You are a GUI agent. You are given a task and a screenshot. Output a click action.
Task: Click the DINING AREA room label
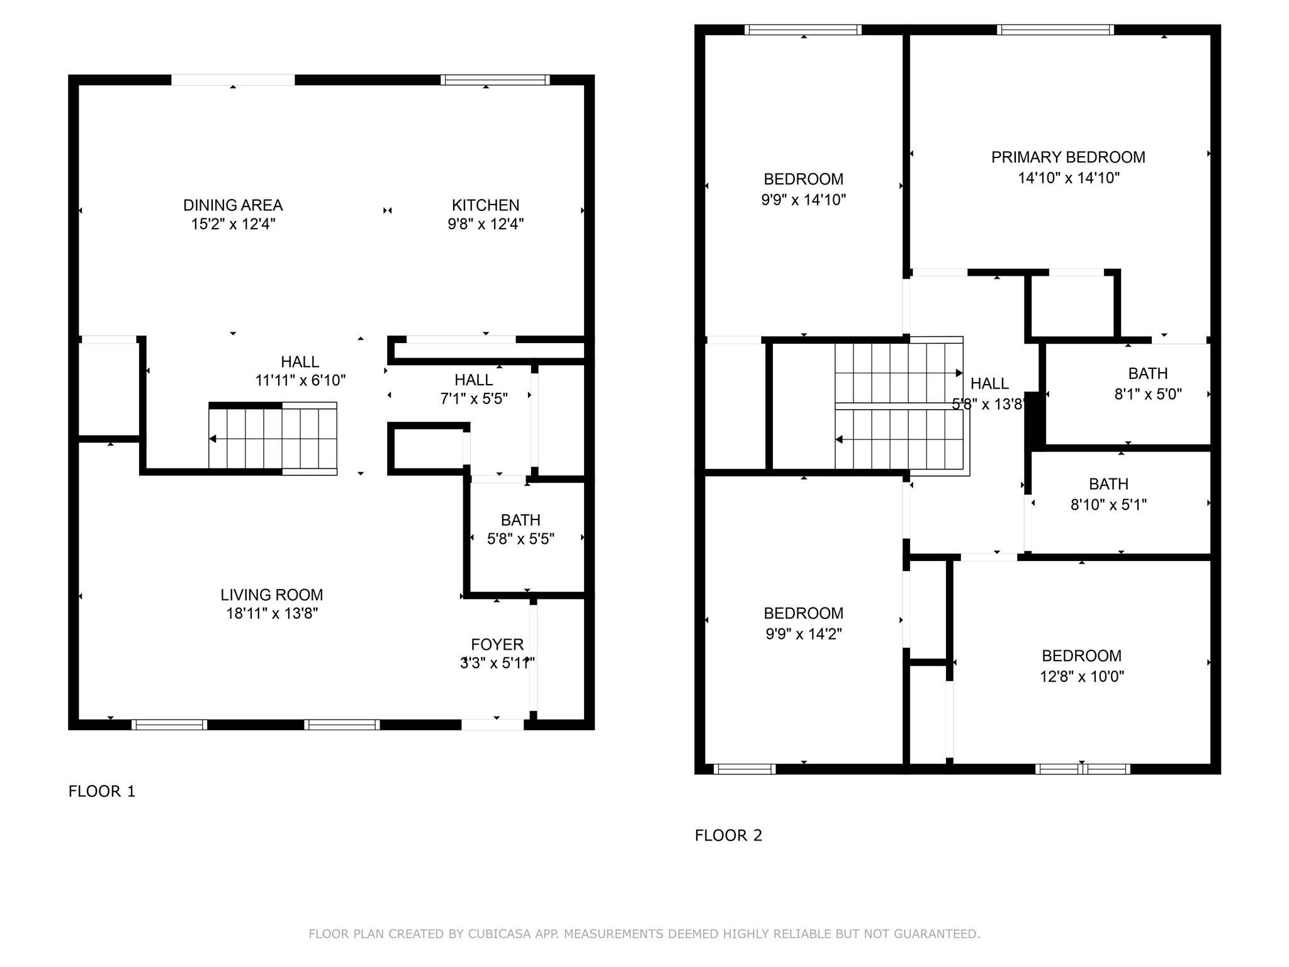pyautogui.click(x=233, y=205)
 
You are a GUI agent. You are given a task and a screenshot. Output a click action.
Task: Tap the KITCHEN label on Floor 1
pyautogui.click(x=485, y=205)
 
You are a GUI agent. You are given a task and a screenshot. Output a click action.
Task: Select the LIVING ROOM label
pyautogui.click(x=272, y=595)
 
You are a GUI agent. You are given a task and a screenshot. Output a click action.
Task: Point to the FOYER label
pyautogui.click(x=497, y=645)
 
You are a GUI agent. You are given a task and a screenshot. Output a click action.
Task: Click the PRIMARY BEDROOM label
pyautogui.click(x=1068, y=157)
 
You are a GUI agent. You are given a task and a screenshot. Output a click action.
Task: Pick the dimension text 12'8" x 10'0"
pyautogui.click(x=1081, y=677)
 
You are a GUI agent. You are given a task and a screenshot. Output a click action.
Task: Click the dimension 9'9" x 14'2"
pyautogui.click(x=803, y=634)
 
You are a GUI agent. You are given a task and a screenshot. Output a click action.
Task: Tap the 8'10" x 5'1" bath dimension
pyautogui.click(x=1108, y=505)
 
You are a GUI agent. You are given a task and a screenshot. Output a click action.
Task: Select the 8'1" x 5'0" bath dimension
pyautogui.click(x=1148, y=394)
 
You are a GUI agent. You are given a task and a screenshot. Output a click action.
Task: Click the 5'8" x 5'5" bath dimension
pyautogui.click(x=521, y=539)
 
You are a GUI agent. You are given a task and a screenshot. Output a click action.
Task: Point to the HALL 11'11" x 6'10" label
pyautogui.click(x=300, y=371)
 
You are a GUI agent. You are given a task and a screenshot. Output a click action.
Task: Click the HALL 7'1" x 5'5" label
pyautogui.click(x=473, y=389)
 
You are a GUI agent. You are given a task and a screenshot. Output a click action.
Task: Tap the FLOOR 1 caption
pyautogui.click(x=102, y=791)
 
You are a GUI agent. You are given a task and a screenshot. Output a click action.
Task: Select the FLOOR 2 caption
pyautogui.click(x=728, y=835)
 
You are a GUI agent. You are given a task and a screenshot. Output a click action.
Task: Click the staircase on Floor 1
pyautogui.click(x=273, y=439)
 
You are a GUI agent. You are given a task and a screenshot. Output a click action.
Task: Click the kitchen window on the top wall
pyautogui.click(x=495, y=80)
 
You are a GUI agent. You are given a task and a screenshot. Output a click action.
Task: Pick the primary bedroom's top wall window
pyautogui.click(x=1055, y=30)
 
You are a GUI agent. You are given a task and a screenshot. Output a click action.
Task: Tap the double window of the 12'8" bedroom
pyautogui.click(x=1083, y=769)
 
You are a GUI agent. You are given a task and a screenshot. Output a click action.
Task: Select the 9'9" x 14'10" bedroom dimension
pyautogui.click(x=803, y=200)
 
